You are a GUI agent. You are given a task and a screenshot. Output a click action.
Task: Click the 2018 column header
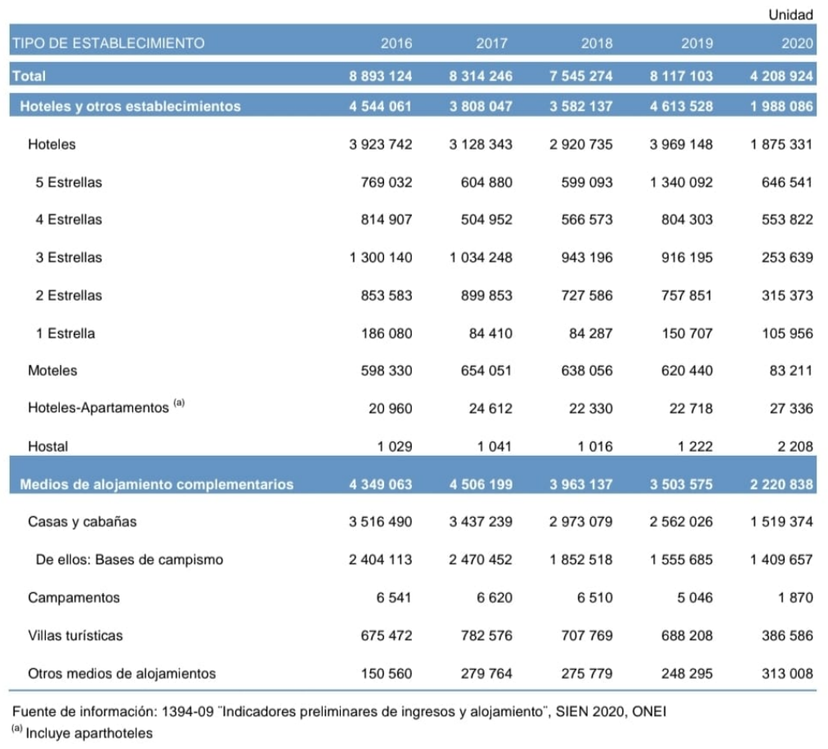click(x=597, y=43)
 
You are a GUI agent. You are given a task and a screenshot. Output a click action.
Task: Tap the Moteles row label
click(x=52, y=371)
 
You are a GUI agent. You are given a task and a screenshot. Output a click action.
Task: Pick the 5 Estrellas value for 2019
click(x=682, y=182)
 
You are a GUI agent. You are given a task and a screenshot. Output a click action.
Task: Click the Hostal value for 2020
click(x=791, y=447)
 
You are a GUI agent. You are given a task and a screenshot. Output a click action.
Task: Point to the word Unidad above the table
click(x=790, y=15)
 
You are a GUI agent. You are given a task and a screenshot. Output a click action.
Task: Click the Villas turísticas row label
click(x=75, y=635)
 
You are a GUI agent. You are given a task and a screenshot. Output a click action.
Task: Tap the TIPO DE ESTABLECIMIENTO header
click(x=107, y=43)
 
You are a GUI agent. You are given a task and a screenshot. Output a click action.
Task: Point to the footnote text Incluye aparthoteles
click(x=89, y=733)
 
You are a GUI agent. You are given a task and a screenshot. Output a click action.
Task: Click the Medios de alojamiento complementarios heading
click(x=156, y=484)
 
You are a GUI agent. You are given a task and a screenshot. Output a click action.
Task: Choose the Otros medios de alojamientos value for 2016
click(x=387, y=674)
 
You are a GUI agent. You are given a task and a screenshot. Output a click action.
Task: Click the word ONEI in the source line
click(x=650, y=711)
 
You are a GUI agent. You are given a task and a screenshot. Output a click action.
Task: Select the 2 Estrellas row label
click(x=69, y=296)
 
